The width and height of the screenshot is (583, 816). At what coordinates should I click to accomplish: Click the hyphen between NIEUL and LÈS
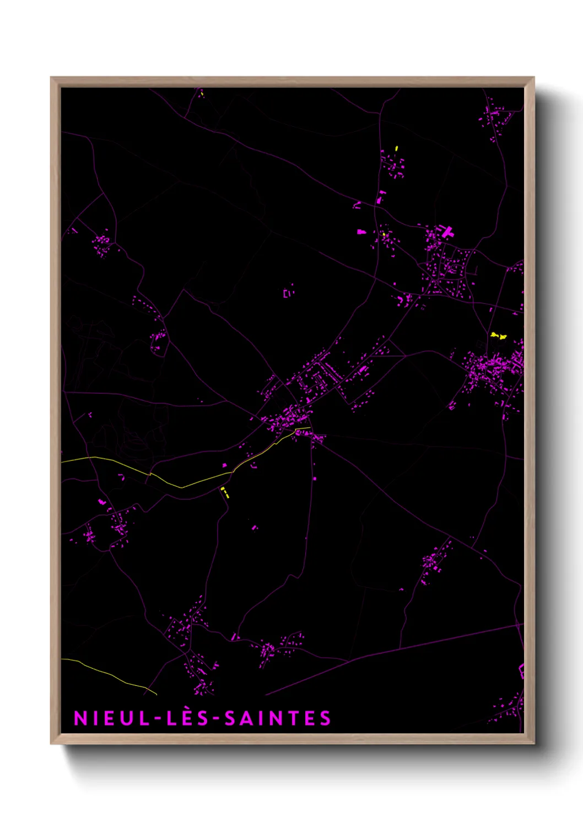coord(159,718)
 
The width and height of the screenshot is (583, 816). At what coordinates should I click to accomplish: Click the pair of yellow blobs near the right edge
coord(498,335)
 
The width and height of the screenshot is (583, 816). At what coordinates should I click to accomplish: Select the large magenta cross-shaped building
coord(447,232)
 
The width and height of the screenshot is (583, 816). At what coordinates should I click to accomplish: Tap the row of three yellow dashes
coord(225,492)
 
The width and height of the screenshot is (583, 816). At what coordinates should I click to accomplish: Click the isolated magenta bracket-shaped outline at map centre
coord(288,293)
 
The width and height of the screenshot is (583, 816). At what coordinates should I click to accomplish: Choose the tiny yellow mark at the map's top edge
coord(202,93)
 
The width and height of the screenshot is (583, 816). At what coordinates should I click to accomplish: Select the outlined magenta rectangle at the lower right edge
coord(521,671)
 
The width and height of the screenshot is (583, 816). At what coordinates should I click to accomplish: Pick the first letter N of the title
coord(80,718)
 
